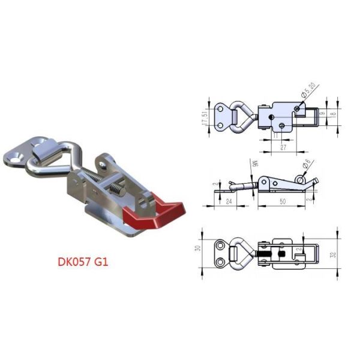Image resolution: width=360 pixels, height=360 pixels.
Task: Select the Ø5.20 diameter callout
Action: coord(309,90)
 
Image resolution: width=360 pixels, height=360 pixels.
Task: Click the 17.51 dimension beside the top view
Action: coord(205,115)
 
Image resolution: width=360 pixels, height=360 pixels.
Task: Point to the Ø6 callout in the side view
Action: coord(307,163)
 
